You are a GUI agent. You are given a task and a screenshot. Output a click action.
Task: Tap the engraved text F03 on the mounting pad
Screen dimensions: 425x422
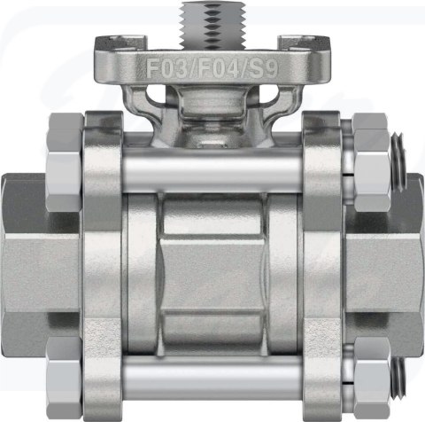point(166,68)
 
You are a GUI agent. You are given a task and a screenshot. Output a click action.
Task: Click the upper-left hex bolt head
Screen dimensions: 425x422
point(66,163)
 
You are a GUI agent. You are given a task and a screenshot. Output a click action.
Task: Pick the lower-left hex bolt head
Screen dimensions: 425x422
point(65,379)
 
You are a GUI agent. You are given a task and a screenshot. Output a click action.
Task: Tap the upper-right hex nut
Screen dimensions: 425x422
point(371,163)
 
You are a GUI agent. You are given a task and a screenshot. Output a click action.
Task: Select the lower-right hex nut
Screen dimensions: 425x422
point(372,379)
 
